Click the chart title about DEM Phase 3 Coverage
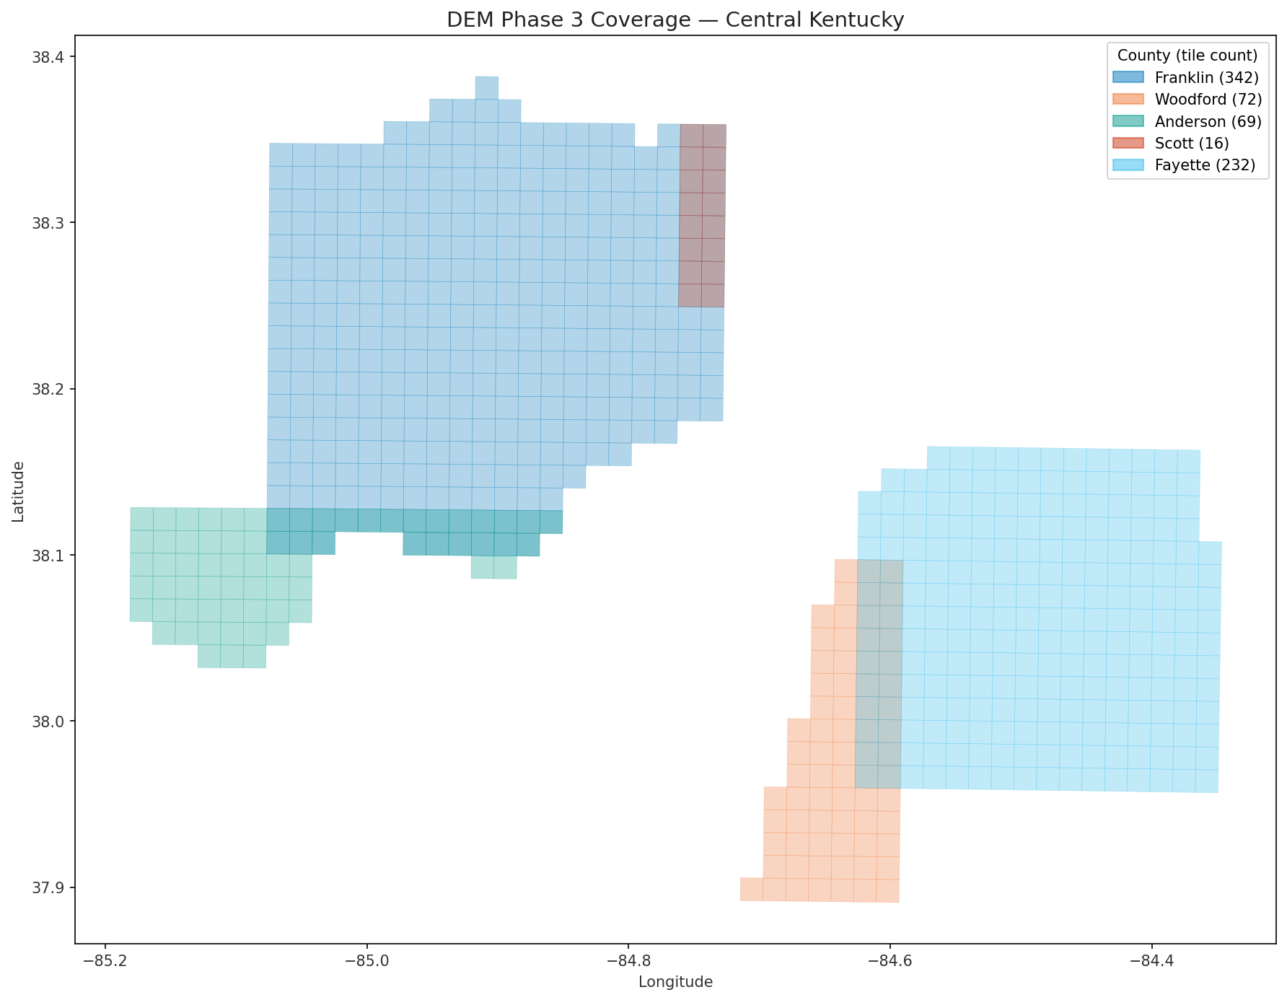(675, 19)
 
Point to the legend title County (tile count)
(1187, 55)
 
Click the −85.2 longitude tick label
(105, 960)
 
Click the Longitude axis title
(675, 982)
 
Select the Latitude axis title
(19, 491)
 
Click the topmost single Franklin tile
(486, 87)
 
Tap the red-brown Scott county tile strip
(702, 216)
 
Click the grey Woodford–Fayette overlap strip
(879, 674)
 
